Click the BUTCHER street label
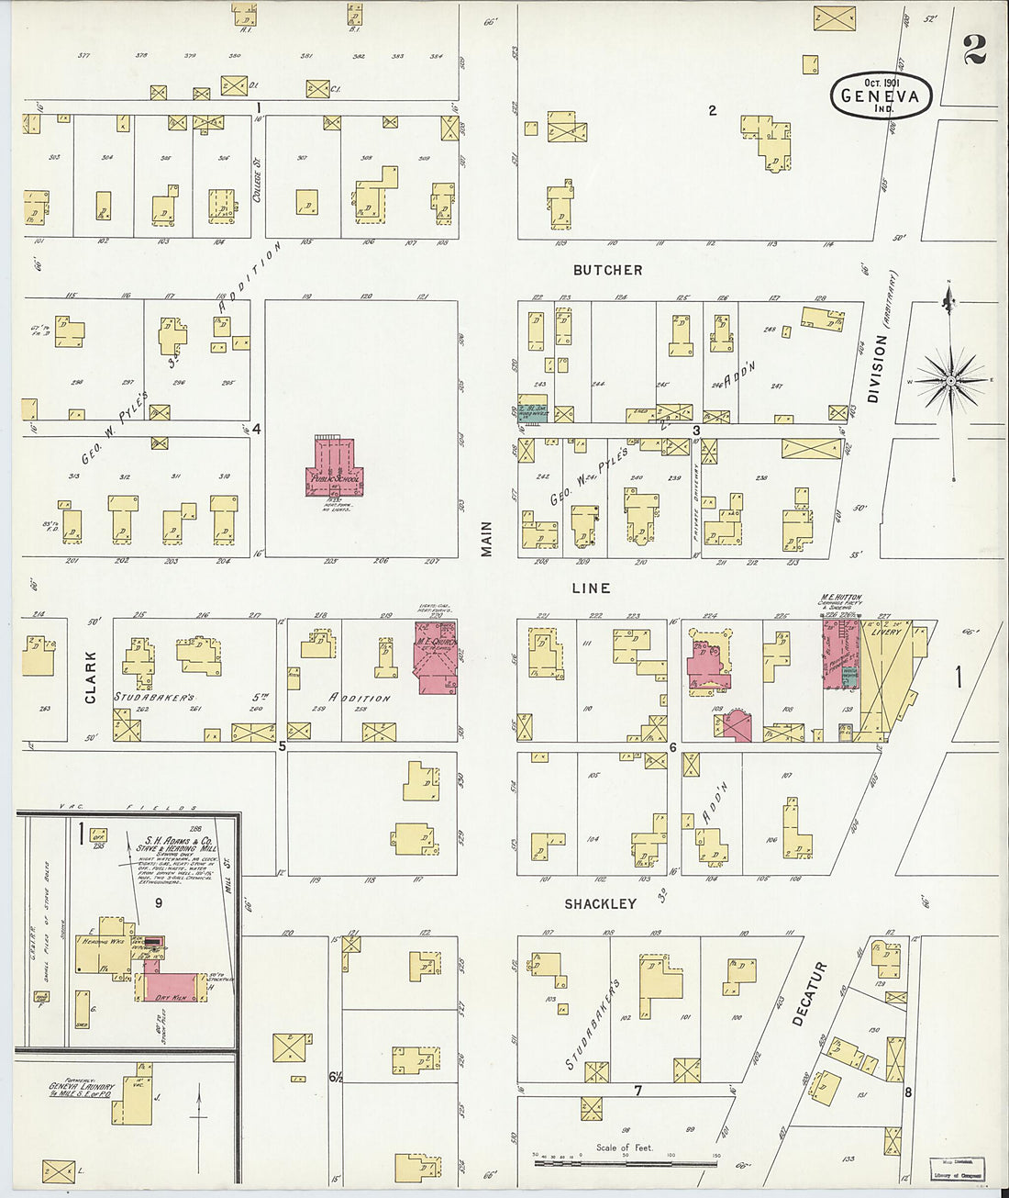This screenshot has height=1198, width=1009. pos(607,270)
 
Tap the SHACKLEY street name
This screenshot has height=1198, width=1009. pos(600,904)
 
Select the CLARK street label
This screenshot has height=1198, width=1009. pos(91,677)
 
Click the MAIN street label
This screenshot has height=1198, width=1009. pos(487,539)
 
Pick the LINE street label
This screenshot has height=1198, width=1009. pos(591,588)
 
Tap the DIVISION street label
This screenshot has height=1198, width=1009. pos(876,368)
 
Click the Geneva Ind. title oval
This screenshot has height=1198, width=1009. pos(881,95)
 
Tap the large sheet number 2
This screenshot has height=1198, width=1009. pos(974,50)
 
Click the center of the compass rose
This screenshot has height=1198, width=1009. pos(951,378)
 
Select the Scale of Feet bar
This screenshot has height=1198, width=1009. pos(625,1163)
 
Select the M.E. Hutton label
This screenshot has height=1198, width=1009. pos(841,599)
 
